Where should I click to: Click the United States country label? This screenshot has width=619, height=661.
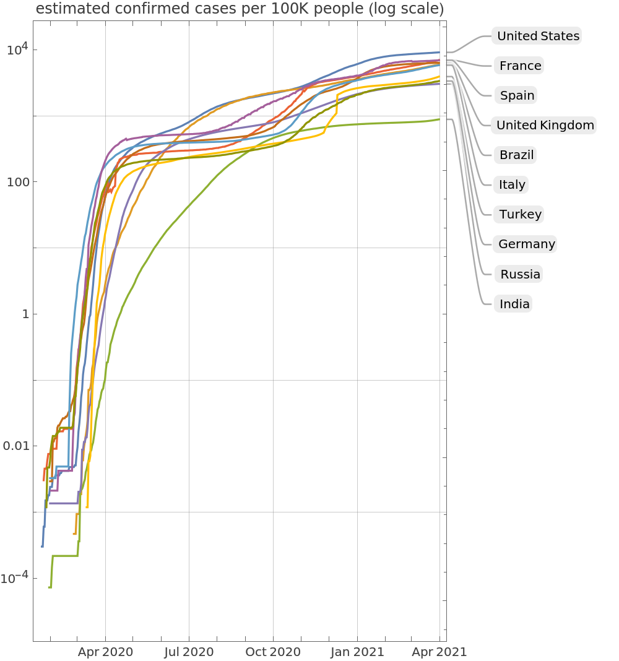[538, 36]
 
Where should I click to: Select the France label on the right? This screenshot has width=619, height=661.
[520, 66]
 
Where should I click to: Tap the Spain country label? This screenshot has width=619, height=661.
[517, 95]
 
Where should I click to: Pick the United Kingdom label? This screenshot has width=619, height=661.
[545, 125]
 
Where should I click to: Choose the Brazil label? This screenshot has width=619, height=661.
[516, 155]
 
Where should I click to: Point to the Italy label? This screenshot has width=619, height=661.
[512, 184]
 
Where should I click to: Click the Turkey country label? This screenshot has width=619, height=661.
[520, 214]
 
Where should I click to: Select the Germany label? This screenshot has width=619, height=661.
[526, 244]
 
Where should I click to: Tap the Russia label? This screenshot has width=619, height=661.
[520, 274]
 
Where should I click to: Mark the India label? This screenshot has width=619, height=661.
[514, 304]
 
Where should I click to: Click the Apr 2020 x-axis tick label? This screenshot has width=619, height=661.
[106, 652]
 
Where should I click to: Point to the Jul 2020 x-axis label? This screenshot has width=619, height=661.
[189, 652]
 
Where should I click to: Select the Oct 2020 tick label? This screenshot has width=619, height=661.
[273, 652]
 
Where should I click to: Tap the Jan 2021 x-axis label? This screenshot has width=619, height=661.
[357, 652]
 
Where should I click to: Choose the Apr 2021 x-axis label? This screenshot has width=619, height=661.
[439, 652]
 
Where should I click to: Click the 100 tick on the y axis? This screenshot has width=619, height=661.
[19, 182]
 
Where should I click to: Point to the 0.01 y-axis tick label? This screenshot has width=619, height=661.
[16, 446]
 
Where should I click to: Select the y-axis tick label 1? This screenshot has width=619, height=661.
[25, 314]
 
